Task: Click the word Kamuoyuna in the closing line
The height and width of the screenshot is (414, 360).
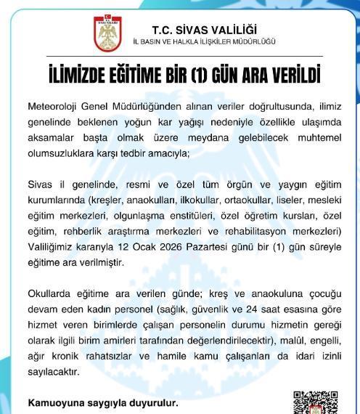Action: click(54, 402)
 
